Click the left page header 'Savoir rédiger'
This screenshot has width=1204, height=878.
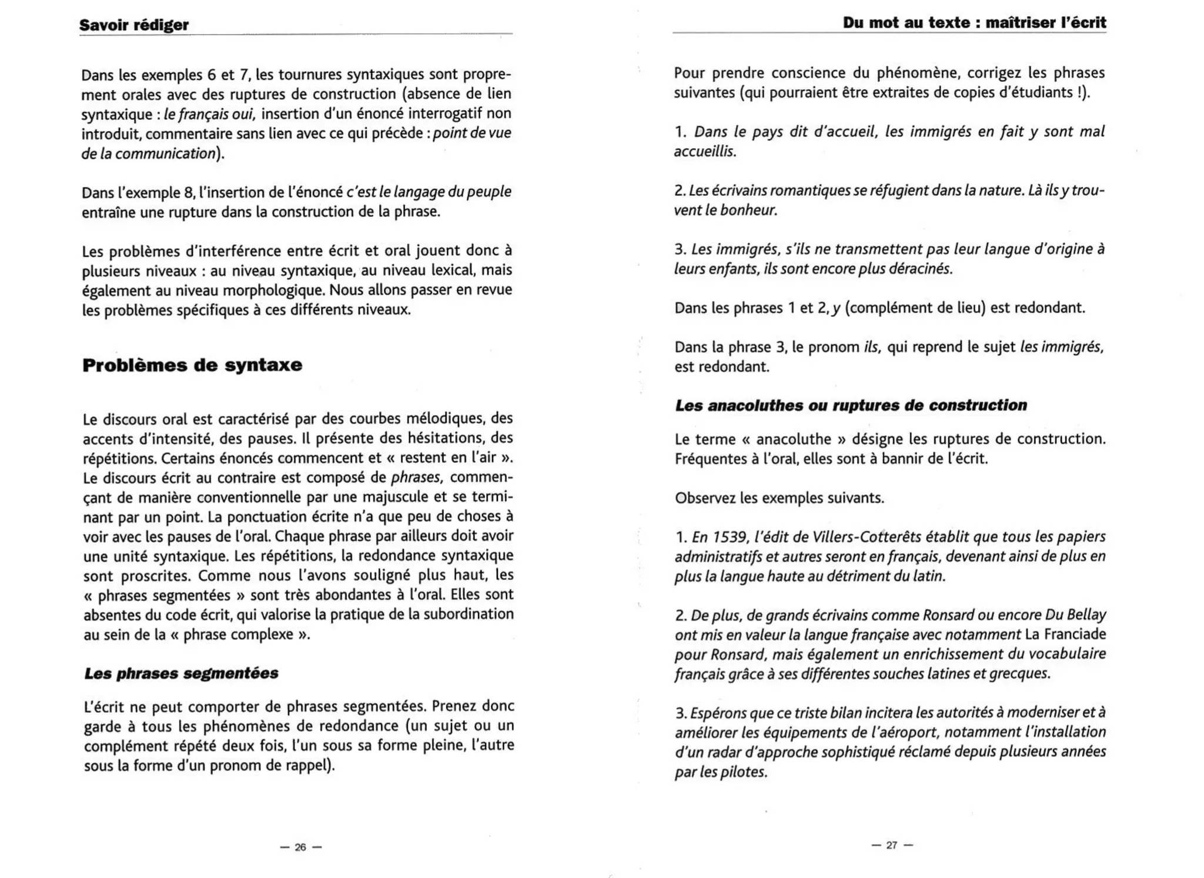(134, 25)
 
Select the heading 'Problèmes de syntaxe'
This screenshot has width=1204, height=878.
(192, 365)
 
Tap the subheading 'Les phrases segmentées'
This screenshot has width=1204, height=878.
(181, 673)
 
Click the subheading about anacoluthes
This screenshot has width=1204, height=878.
(851, 405)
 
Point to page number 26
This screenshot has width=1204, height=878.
(300, 847)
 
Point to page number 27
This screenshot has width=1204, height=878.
(892, 845)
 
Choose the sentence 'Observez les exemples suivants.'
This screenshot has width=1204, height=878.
(779, 498)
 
